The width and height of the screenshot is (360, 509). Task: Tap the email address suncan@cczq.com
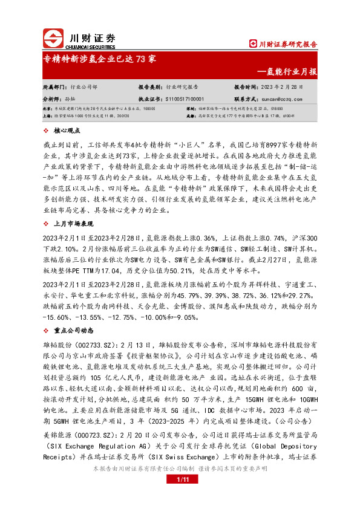point(286,98)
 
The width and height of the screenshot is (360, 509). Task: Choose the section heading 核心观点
point(67,131)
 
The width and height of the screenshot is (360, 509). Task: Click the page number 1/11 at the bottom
point(180,496)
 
